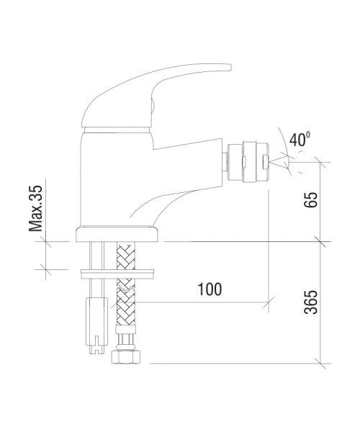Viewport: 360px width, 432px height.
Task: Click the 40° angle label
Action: point(300,139)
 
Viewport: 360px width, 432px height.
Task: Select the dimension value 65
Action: point(311,199)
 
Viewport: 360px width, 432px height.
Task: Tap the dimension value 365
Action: point(311,302)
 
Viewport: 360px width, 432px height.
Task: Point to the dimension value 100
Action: point(210,289)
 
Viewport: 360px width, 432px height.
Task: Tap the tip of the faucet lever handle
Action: point(230,68)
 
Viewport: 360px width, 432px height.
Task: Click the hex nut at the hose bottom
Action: point(126,357)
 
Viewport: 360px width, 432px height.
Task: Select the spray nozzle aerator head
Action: point(255,162)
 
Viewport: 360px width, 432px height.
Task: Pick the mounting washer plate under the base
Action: point(117,274)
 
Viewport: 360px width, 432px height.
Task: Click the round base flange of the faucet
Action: point(117,235)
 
